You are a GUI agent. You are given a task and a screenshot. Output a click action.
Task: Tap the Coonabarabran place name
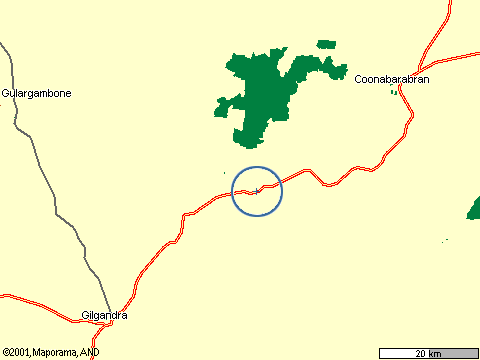(x=392, y=79)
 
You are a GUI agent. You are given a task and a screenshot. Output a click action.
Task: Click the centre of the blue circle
(x=258, y=191)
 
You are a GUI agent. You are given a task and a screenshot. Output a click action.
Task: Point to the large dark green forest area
(x=262, y=95)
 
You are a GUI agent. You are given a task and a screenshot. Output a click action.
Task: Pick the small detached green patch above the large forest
(x=327, y=44)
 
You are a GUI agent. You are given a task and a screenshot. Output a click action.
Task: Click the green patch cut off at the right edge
(x=474, y=208)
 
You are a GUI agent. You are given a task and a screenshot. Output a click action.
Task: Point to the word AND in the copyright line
(x=90, y=352)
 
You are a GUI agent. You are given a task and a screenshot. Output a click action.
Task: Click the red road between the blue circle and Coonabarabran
(x=340, y=182)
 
